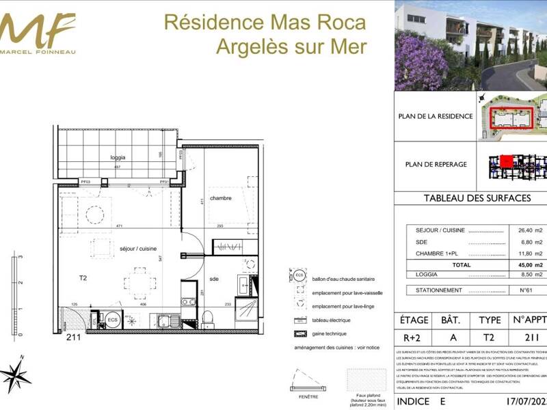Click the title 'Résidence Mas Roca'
tap(265, 22)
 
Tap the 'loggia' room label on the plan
tap(119, 157)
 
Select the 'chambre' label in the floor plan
tap(220, 198)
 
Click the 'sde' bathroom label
tap(214, 279)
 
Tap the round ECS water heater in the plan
tap(112, 319)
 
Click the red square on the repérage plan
tap(507, 162)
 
